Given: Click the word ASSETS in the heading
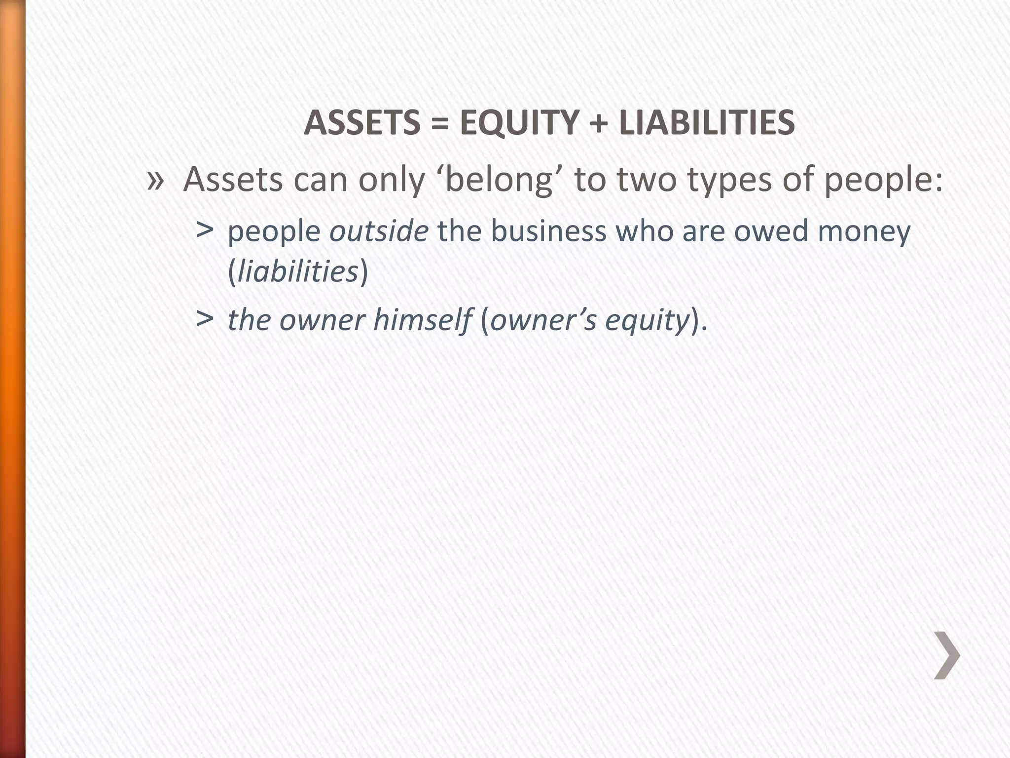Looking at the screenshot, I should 361,122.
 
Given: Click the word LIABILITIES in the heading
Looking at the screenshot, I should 707,122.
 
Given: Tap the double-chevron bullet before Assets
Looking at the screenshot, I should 155,181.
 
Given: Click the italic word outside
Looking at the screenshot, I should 379,231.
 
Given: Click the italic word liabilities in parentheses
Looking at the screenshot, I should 298,271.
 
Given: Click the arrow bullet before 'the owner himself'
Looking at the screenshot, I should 205,319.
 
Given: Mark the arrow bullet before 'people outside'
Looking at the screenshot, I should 205,229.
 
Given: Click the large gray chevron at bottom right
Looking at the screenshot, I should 947,655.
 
